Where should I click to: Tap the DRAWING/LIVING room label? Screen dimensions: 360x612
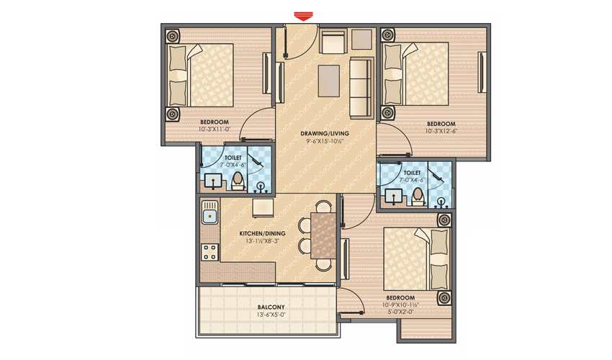click(x=321, y=134)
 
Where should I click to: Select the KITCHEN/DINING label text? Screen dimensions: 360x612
click(x=263, y=233)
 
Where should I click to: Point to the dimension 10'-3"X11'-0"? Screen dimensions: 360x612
click(x=214, y=130)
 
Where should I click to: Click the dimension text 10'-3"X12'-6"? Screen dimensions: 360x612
click(x=440, y=131)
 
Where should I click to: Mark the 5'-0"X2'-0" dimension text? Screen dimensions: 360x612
click(x=400, y=312)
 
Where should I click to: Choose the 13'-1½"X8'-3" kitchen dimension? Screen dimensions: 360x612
click(x=263, y=241)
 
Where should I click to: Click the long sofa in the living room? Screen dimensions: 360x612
click(x=359, y=89)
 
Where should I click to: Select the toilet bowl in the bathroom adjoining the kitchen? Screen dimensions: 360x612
click(x=237, y=181)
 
